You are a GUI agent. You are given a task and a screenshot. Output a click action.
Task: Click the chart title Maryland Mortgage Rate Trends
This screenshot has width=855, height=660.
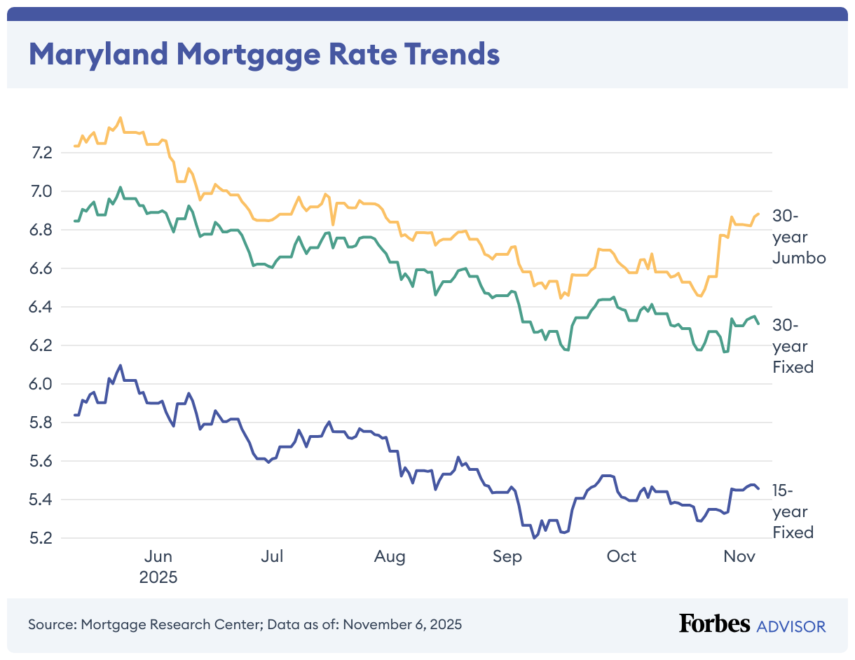(x=264, y=54)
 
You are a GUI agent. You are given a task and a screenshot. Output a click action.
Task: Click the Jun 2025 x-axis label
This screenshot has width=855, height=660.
(x=158, y=567)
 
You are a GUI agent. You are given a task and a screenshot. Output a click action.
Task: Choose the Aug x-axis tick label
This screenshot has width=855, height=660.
(x=390, y=556)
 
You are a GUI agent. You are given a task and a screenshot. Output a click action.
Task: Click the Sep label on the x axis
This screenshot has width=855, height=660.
(x=507, y=556)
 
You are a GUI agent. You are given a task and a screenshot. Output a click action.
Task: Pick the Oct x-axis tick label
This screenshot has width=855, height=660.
(x=621, y=556)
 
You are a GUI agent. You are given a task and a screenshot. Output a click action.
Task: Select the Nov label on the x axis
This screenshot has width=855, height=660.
(x=739, y=556)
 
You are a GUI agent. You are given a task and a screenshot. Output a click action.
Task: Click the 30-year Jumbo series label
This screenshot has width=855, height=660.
(x=799, y=237)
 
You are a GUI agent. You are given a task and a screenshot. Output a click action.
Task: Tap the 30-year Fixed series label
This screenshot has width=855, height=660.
(x=793, y=345)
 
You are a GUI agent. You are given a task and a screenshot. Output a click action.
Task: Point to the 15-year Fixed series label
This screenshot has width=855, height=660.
(x=793, y=511)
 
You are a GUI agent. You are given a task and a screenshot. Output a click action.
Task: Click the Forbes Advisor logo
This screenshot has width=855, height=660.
(x=752, y=624)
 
